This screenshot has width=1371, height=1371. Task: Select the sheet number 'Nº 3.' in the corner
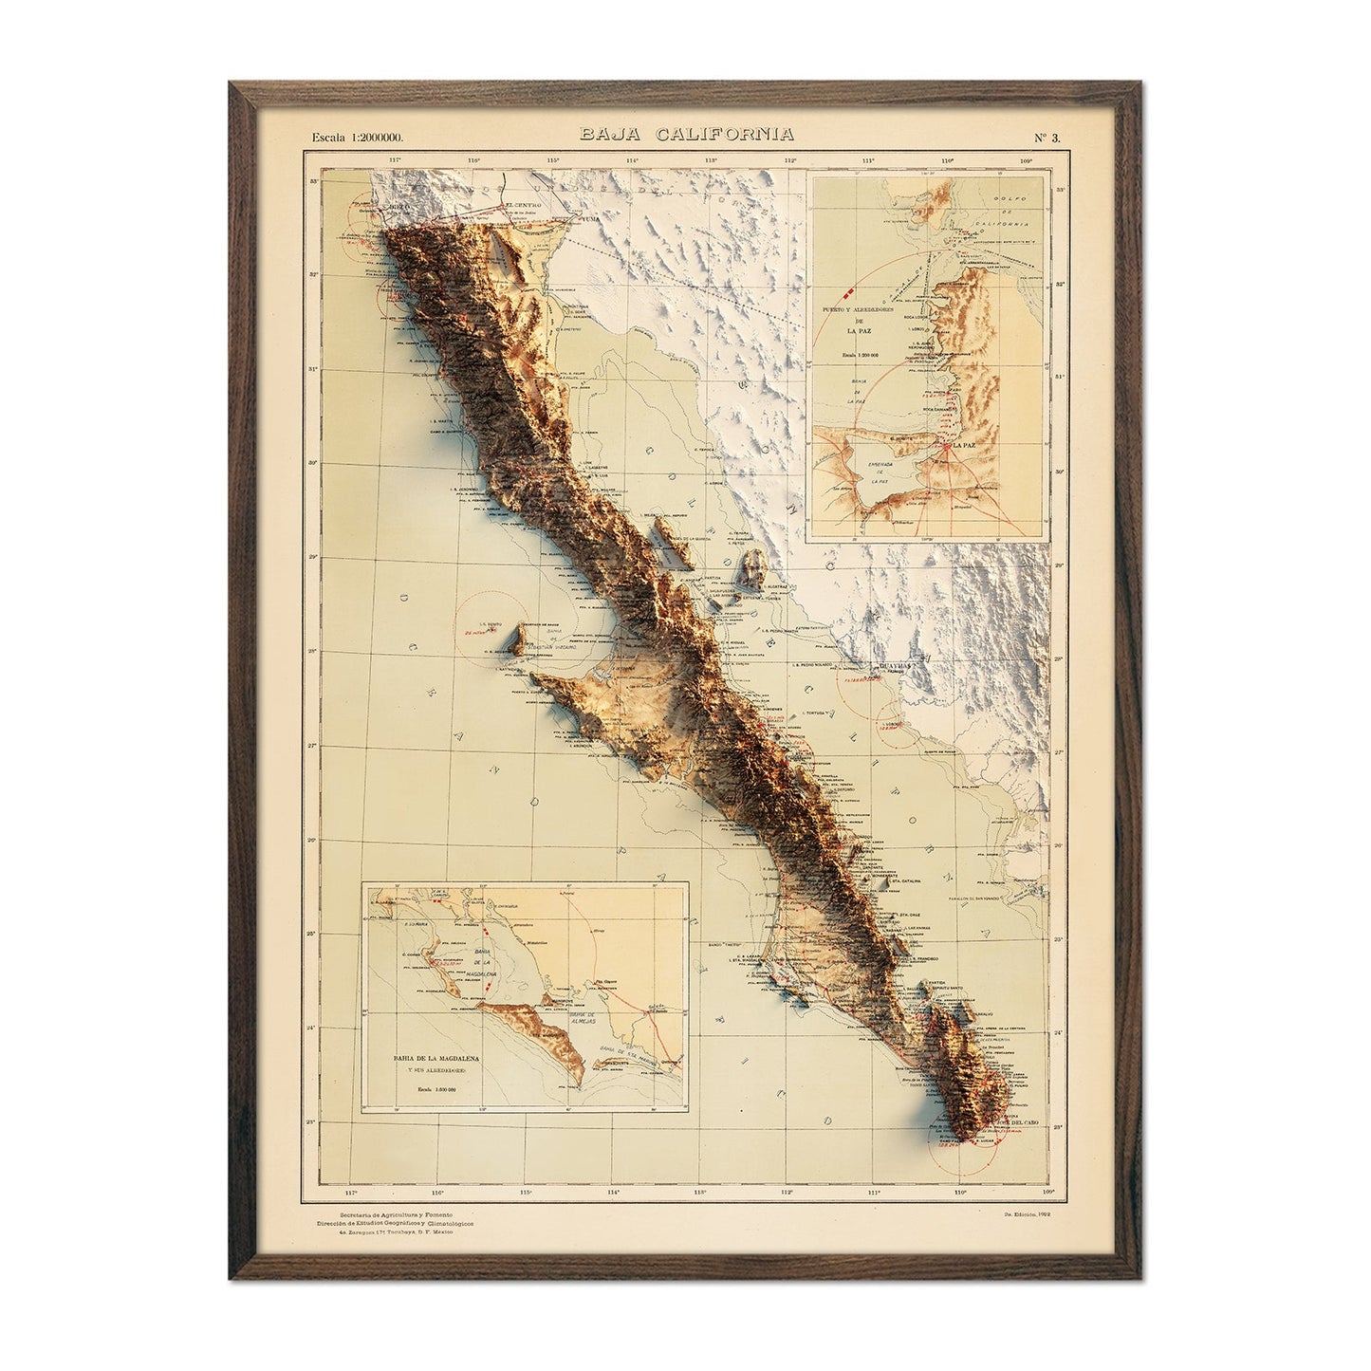1047,137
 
